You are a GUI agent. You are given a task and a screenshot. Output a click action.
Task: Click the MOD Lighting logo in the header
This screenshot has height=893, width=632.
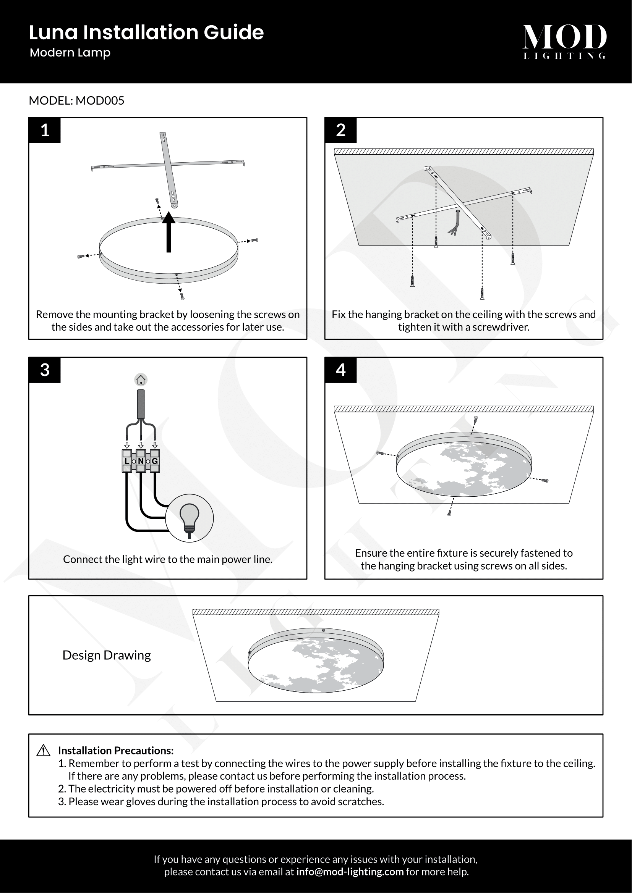(x=564, y=41)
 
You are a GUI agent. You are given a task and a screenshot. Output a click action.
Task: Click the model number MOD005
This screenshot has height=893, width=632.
(x=100, y=101)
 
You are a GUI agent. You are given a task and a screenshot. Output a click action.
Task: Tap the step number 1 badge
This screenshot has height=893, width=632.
(x=45, y=130)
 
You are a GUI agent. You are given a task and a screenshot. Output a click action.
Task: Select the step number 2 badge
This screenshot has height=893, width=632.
(x=340, y=130)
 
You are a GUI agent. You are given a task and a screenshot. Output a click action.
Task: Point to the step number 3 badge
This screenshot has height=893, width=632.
(x=45, y=370)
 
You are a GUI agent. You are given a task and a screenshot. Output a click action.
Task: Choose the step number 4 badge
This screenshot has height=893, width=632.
(x=340, y=370)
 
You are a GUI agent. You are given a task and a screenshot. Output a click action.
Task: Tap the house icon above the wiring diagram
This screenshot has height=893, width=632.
(x=141, y=379)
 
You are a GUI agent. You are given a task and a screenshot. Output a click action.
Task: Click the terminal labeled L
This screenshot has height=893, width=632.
(x=127, y=461)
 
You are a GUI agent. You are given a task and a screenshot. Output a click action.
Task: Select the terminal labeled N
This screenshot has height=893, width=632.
(x=141, y=461)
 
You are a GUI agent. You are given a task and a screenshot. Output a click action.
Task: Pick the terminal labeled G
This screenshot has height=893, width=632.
(x=155, y=461)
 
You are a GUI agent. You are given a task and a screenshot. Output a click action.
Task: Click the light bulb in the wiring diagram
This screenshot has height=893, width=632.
(x=190, y=518)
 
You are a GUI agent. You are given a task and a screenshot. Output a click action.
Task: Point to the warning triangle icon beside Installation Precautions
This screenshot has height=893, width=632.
(x=43, y=750)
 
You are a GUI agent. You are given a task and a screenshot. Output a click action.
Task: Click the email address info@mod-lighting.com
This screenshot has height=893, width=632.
(x=350, y=872)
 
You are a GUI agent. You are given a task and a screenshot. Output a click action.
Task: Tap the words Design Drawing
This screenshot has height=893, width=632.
(x=107, y=656)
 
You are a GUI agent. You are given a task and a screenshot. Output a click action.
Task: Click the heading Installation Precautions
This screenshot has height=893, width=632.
(x=115, y=750)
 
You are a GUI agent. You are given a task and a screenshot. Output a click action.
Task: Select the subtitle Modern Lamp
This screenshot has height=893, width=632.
(x=70, y=53)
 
